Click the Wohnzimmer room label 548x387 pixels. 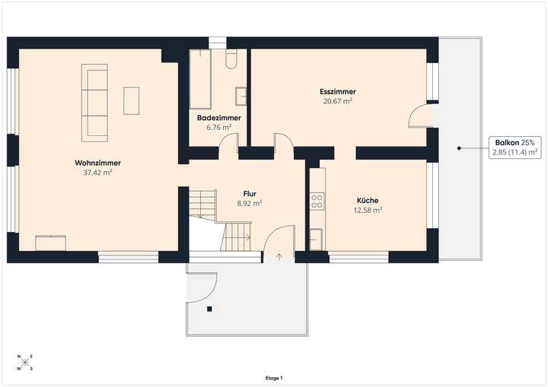(98, 163)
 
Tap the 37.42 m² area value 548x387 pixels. (98, 173)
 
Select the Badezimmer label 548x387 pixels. (218, 119)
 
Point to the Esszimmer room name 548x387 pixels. (338, 91)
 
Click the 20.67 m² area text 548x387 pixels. (338, 101)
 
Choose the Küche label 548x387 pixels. (368, 201)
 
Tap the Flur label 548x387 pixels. (250, 193)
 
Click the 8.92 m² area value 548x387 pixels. (250, 203)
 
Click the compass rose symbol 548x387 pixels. (24, 363)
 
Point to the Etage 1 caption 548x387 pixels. (274, 378)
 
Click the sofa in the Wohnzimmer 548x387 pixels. (94, 103)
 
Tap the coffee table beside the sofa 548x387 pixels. (132, 100)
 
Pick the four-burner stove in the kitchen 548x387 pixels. (317, 201)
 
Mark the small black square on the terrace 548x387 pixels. (209, 309)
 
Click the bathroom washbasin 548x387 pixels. (241, 95)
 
